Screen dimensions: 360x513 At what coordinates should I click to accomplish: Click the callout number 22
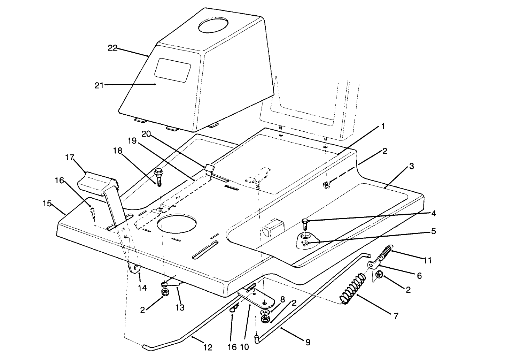tap(112, 48)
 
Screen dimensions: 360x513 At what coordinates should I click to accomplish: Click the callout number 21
tap(99, 85)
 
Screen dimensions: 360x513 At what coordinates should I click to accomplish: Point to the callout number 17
tap(70, 158)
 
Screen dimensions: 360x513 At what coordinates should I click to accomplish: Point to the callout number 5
tap(433, 231)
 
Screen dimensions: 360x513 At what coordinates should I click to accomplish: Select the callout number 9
tap(308, 343)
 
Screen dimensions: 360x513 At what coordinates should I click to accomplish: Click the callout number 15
tap(47, 203)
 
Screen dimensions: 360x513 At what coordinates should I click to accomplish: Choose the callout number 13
tap(180, 308)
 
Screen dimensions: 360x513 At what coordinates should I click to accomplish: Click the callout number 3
tap(411, 166)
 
